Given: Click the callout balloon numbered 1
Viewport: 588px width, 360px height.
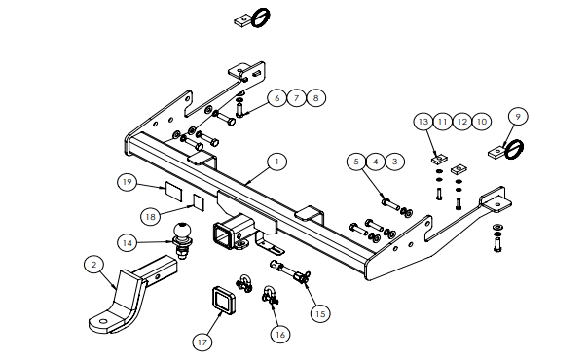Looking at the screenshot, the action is click(x=276, y=162).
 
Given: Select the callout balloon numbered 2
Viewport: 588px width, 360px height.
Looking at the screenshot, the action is click(x=93, y=265).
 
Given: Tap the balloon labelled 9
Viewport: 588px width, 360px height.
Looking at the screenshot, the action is click(x=518, y=117).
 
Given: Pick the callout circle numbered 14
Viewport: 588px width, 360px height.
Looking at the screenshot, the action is click(x=128, y=243).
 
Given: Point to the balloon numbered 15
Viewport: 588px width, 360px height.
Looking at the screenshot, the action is click(x=320, y=313).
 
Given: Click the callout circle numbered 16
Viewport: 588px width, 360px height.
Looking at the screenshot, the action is click(x=280, y=334).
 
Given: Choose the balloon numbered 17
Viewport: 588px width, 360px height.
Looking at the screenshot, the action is click(x=202, y=342).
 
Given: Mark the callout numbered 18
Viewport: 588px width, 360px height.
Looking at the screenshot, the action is click(x=150, y=217).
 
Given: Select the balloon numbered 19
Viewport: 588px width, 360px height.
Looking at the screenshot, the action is click(x=128, y=182).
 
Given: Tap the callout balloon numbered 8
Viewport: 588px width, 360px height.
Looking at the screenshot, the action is click(x=315, y=98).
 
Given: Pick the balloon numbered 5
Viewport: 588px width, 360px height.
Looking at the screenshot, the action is click(x=356, y=162).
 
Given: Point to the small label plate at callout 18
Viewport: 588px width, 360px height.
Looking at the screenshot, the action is click(x=199, y=202).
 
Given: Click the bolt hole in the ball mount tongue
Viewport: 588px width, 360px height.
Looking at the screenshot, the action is click(x=103, y=321).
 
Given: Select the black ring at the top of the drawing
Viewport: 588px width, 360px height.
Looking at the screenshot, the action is click(x=260, y=18).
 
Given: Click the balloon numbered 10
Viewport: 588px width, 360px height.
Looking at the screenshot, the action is click(x=482, y=122).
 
